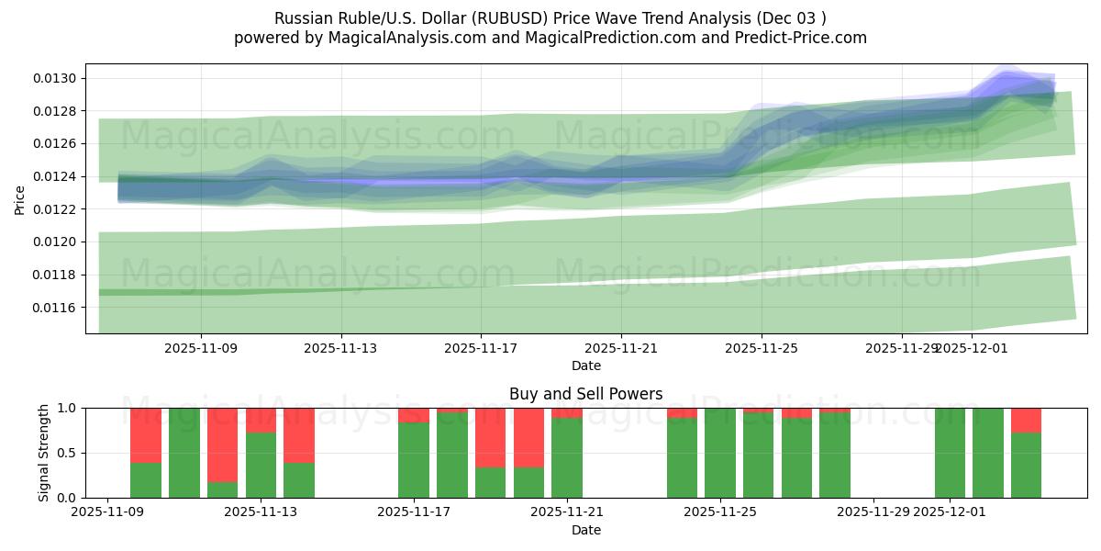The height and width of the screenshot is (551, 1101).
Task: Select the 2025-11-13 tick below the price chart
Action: click(340, 349)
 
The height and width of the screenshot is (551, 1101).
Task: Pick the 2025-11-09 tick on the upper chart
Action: click(201, 349)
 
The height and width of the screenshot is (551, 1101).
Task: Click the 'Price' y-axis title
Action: click(20, 198)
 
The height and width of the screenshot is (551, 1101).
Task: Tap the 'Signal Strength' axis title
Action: click(44, 453)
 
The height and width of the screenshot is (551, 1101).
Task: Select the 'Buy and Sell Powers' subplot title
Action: click(585, 394)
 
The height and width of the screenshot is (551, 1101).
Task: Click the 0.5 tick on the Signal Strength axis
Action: click(69, 453)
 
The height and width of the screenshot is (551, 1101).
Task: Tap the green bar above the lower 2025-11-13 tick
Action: click(261, 465)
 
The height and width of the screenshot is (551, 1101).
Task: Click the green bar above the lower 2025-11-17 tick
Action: click(414, 459)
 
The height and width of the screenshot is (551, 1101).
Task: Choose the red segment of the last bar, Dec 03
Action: click(1026, 420)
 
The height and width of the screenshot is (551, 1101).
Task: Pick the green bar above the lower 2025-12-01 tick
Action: click(950, 453)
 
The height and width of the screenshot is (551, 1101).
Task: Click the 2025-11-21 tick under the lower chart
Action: click(567, 512)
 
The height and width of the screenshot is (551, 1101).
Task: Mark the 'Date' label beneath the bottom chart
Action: click(585, 530)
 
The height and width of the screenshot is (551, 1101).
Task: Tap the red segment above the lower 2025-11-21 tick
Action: click(567, 412)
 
